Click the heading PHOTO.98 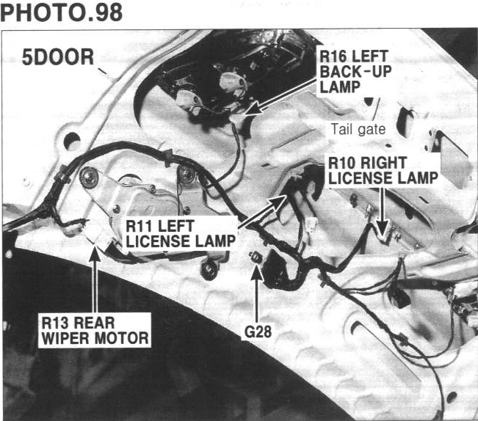(x=62, y=14)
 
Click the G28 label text (x=258, y=331)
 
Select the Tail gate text (x=358, y=129)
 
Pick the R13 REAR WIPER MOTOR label (x=95, y=329)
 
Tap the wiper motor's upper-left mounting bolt (x=89, y=175)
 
